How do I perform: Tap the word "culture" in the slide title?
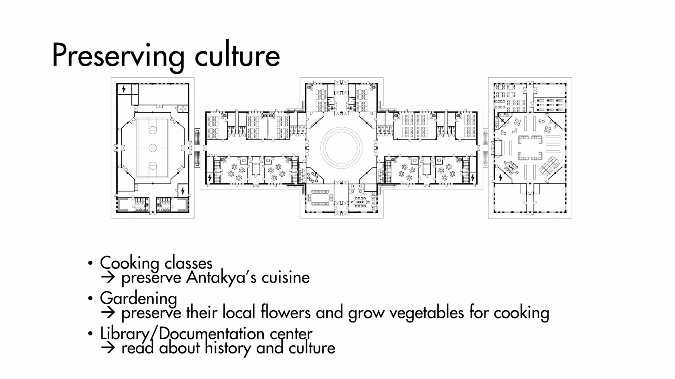pos(237,55)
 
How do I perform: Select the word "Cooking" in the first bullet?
pos(129,263)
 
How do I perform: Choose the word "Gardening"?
pos(138,299)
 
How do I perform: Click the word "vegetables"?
pos(426,313)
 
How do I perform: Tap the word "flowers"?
pos(285,312)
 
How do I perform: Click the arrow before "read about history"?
pos(108,348)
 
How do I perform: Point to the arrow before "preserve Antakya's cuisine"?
pos(108,278)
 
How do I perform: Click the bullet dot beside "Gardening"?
pos(90,299)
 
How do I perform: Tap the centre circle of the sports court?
pos(153,148)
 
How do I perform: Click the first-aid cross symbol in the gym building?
pos(183,109)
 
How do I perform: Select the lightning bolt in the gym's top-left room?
pos(123,89)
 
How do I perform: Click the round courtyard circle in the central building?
pos(341,147)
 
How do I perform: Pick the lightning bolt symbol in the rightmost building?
pos(501,178)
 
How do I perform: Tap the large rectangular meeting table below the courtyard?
pos(320,198)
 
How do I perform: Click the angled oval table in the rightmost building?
pos(511,168)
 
